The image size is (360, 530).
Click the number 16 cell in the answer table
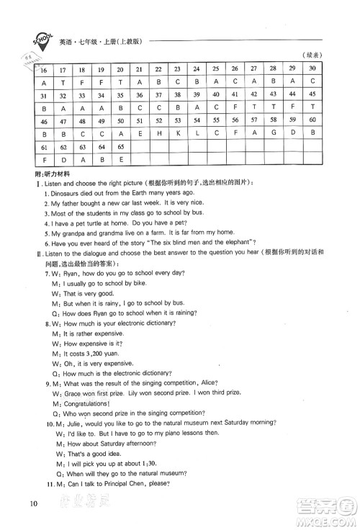click(44, 71)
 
